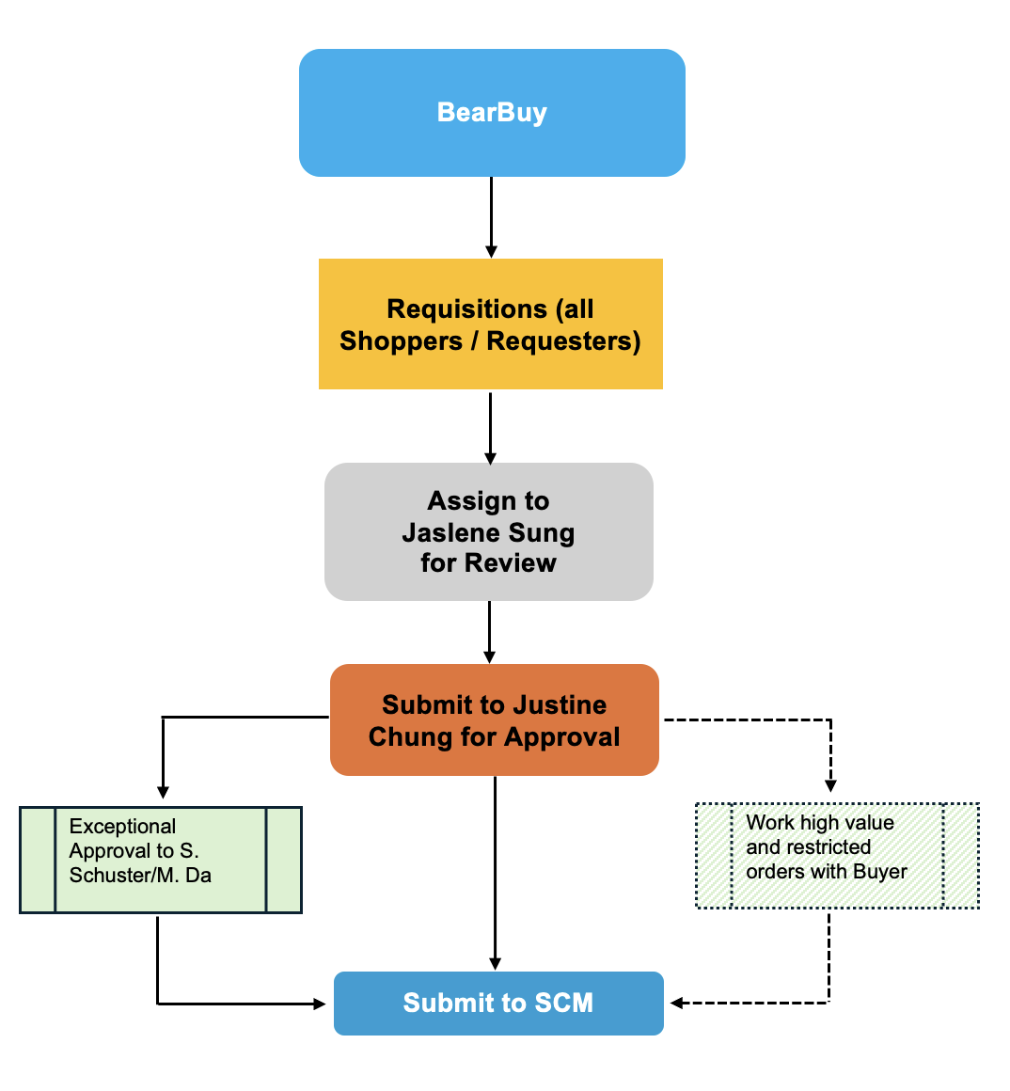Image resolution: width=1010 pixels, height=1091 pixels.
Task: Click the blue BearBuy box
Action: [492, 113]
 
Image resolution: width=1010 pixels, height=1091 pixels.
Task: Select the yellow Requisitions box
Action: [490, 324]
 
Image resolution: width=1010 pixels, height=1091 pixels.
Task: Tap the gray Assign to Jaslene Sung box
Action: [488, 531]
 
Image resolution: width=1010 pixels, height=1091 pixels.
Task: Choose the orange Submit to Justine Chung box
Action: [494, 720]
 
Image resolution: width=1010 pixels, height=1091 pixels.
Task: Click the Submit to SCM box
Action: [498, 1004]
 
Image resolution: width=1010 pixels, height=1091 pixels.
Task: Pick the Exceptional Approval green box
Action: [160, 860]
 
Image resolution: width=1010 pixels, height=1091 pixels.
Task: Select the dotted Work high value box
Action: [837, 855]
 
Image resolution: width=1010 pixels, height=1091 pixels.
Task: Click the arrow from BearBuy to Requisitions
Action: [491, 216]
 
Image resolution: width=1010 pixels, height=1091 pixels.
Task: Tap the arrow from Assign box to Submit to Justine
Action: [489, 632]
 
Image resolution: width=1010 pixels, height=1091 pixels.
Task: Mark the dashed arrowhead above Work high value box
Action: [830, 784]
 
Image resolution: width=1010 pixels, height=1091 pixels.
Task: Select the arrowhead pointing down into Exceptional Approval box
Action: [163, 792]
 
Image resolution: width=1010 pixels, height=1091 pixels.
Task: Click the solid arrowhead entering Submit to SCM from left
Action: [319, 1004]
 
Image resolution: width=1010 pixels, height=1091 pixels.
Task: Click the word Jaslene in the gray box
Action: [445, 533]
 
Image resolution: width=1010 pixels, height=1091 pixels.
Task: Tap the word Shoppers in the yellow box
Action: [401, 341]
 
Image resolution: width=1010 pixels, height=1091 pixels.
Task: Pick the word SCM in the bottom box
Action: [564, 1004]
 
